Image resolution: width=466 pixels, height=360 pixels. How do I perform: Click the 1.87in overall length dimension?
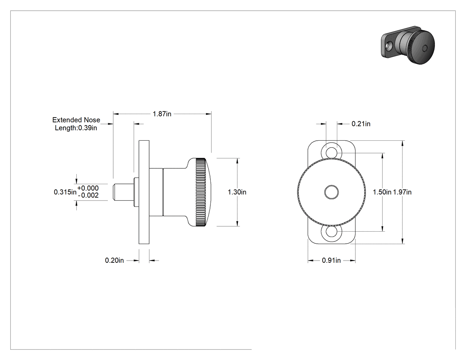[x=162, y=114]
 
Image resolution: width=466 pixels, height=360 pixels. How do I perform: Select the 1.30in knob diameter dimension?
[x=237, y=192]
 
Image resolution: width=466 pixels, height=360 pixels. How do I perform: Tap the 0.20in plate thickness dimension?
[x=115, y=261]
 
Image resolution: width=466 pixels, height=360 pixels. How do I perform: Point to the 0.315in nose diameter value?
[x=65, y=192]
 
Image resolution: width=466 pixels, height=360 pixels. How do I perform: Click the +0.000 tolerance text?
[x=88, y=188]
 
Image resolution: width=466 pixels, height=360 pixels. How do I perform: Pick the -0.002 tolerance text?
[x=88, y=195]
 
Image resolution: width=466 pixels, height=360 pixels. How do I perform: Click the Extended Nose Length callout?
[x=76, y=124]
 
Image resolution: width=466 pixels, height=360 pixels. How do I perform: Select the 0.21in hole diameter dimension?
[x=361, y=124]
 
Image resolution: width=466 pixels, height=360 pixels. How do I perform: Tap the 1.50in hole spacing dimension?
[x=382, y=192]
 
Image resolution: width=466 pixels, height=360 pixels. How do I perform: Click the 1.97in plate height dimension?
[x=403, y=192]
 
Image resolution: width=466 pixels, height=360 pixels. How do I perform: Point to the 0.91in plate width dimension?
[x=332, y=261]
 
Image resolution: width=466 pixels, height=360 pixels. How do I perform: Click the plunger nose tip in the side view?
[x=114, y=192]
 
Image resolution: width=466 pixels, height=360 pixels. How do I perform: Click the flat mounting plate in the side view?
[x=144, y=192]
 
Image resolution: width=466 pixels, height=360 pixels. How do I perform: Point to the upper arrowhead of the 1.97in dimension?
[x=403, y=143]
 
